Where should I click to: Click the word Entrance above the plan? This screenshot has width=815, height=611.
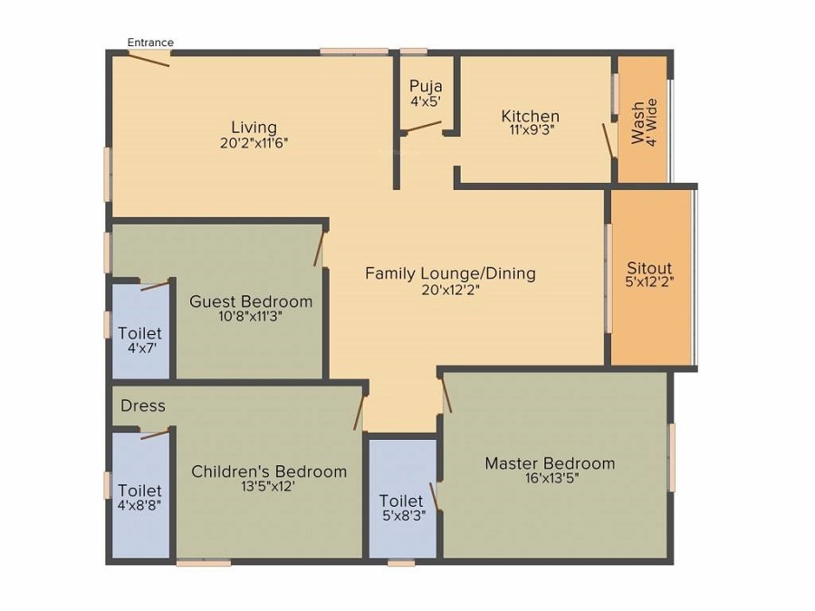point(150,43)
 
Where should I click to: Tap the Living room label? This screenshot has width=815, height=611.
point(254,127)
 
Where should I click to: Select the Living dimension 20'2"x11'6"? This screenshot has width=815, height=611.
point(254,142)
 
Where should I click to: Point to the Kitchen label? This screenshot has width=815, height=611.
point(531,116)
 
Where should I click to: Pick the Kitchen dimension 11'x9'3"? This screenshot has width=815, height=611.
point(531,129)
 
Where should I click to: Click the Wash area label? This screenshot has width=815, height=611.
point(639,122)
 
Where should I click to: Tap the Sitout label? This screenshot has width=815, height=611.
point(650,268)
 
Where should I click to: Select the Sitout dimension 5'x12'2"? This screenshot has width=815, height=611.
point(650,282)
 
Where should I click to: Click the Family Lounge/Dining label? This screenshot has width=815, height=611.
point(450,272)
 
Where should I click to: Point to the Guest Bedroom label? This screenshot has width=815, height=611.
point(251,301)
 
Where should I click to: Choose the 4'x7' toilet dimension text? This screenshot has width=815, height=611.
point(139,348)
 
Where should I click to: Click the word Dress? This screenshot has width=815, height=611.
point(143,406)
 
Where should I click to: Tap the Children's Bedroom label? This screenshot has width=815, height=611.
point(269,471)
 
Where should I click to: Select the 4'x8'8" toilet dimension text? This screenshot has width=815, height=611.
point(139,505)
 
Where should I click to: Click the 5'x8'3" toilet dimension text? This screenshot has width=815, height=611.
point(401,515)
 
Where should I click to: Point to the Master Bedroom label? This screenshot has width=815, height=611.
point(550,463)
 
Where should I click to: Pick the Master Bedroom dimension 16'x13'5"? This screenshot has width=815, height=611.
point(550,478)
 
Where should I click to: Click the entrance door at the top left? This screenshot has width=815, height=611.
point(148,59)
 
